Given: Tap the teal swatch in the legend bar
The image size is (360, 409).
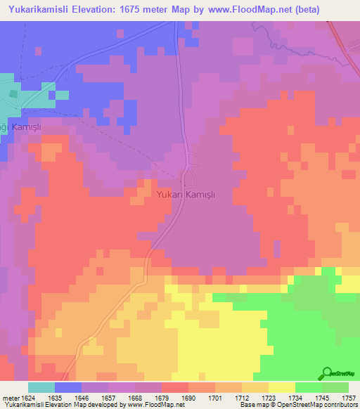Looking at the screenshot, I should (41, 387).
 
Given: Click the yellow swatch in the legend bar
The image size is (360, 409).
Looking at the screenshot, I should (281, 387).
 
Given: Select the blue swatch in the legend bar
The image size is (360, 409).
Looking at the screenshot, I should (67, 387).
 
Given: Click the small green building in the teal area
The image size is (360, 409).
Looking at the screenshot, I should (12, 93).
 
